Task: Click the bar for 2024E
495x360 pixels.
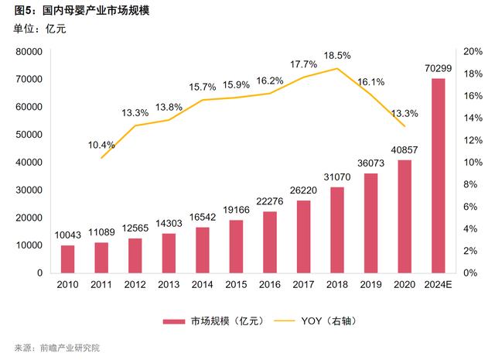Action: coord(438,176)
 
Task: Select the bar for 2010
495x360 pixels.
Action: coord(67,259)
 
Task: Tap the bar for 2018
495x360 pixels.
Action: coord(336,230)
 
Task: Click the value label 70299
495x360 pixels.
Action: coord(438,69)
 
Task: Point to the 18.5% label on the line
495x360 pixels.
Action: coord(337,55)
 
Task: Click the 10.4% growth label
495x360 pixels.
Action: coord(101,145)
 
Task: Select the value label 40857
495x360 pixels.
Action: coord(404,150)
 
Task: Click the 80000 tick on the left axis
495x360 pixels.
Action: coord(29,52)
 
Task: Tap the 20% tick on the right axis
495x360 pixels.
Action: coord(472,52)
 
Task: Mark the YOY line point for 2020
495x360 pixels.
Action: coord(404,126)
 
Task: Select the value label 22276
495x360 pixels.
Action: coord(269,202)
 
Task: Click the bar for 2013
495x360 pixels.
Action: coord(169,252)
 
